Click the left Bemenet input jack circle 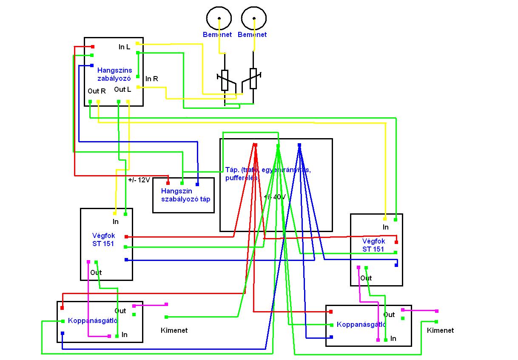tap(219, 18)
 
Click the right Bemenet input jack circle tap(254, 18)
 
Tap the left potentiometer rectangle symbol tap(225, 80)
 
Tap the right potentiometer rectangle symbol tap(253, 78)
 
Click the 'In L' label tap(124, 47)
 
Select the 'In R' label tap(152, 79)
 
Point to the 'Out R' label tap(97, 91)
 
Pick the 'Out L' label tap(122, 89)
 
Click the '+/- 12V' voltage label tap(139, 180)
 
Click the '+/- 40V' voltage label tap(274, 197)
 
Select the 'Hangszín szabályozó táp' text tap(185, 195)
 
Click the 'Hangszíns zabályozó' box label tap(114, 74)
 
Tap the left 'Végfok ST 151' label tap(103, 240)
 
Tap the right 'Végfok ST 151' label tap(373, 245)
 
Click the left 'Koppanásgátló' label tap(92, 321)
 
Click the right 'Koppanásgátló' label tap(361, 325)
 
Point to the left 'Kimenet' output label tap(174, 330)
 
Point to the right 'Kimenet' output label tap(440, 330)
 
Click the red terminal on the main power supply tap(255, 145)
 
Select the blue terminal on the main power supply tap(299, 145)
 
